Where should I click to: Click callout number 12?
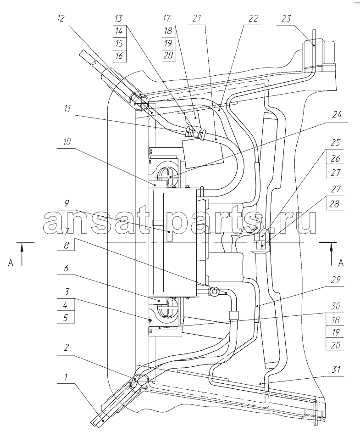[61, 19]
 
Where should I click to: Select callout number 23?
[286, 19]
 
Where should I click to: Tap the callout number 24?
[337, 115]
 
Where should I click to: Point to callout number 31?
[336, 369]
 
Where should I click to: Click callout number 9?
[66, 203]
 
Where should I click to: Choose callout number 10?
[66, 141]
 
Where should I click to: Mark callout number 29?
[336, 280]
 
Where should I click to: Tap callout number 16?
[119, 55]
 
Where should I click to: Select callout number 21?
[196, 19]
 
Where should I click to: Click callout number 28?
[334, 204]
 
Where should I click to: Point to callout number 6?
[66, 267]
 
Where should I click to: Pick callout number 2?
[66, 347]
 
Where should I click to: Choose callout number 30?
[336, 306]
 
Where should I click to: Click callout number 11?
[67, 108]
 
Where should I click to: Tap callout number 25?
[336, 142]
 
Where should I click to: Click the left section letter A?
[11, 263]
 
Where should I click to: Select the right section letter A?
[341, 263]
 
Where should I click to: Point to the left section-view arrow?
[22, 254]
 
